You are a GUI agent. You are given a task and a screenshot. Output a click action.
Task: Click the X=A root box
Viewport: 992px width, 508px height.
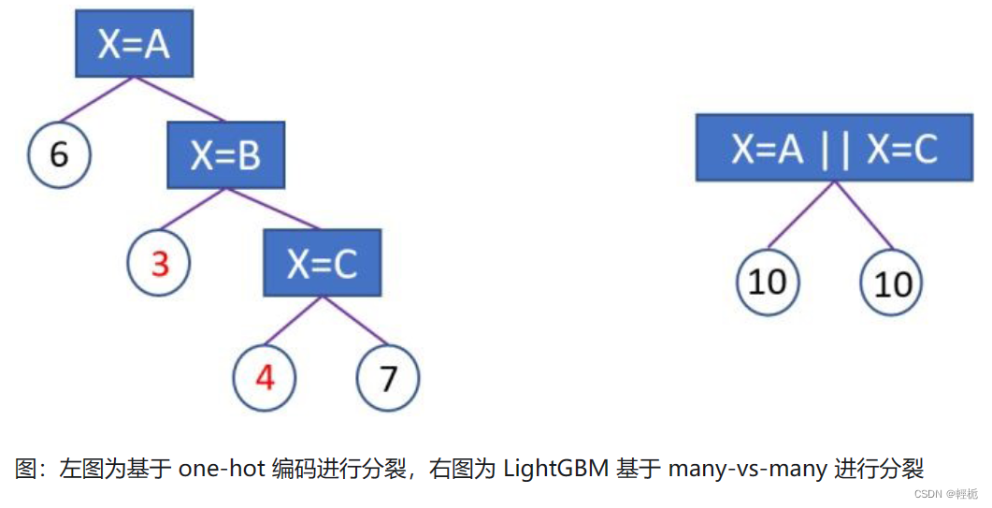pos(134,43)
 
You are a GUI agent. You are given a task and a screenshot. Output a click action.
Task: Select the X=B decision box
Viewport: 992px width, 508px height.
pos(225,155)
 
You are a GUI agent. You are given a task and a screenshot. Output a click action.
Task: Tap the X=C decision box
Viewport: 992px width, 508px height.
pos(322,263)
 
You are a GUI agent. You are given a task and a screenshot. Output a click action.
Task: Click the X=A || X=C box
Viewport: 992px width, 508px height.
pos(834,147)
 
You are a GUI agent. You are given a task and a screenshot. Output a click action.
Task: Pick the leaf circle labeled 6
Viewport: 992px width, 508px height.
pos(59,153)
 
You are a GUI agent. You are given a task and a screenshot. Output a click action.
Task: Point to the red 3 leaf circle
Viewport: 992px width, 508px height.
pos(159,264)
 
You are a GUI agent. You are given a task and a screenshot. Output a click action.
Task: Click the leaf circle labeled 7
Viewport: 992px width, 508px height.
pos(388,378)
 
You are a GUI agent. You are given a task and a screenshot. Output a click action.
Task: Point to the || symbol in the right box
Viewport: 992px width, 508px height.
pos(834,149)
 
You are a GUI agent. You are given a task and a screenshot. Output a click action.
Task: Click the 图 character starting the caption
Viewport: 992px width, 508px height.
pos(24,468)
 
